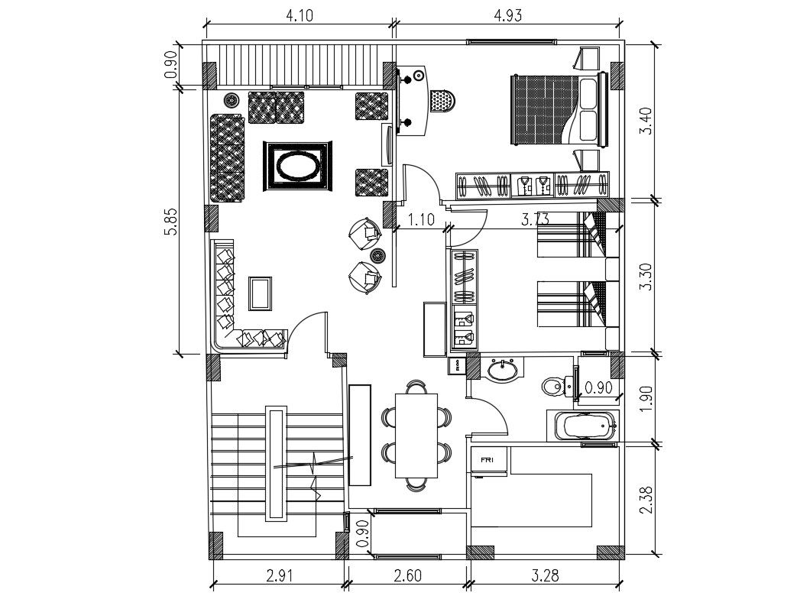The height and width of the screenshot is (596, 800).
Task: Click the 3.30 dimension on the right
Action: [646, 276]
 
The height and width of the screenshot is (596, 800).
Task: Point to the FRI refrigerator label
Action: [486, 461]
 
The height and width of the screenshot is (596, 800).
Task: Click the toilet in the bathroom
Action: [554, 387]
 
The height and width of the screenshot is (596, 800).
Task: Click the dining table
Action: [416, 435]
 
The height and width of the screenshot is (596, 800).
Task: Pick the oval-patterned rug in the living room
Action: [298, 166]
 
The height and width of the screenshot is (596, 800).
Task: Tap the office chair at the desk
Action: [442, 100]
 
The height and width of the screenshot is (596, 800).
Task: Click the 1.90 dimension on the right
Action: [646, 397]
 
